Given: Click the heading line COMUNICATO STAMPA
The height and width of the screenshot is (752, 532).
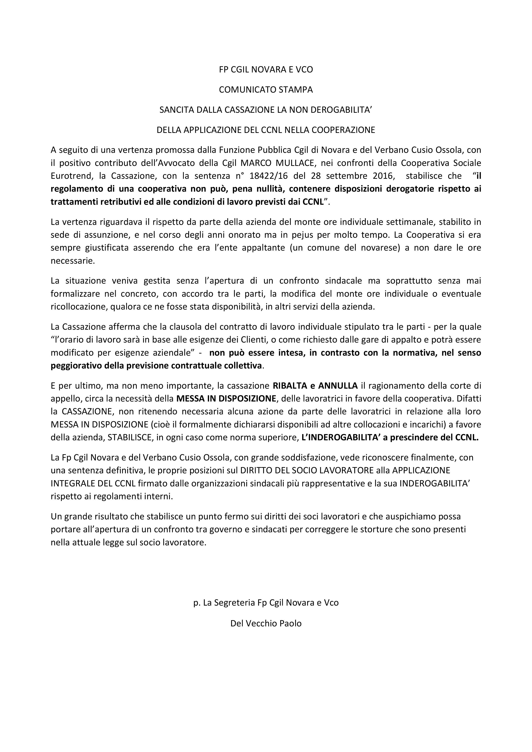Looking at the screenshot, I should [x=266, y=90].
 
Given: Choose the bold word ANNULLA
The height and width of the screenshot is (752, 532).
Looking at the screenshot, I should [x=338, y=386].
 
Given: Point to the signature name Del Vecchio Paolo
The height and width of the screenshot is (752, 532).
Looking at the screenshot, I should [x=266, y=623].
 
